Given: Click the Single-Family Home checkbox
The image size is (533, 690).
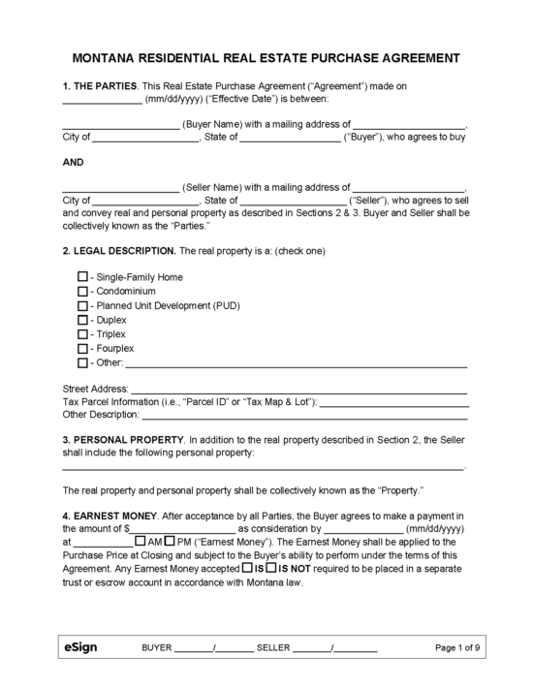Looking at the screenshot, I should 82,276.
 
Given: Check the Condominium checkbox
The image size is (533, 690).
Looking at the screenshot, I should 82,291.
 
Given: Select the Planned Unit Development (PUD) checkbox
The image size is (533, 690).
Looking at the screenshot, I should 82,305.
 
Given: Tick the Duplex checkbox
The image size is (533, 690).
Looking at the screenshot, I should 82,319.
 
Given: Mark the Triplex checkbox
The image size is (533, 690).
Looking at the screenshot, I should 82,333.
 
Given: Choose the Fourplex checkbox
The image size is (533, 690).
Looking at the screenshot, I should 82,348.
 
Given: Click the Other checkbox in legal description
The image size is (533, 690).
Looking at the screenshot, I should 82,362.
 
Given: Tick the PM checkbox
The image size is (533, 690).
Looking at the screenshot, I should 170,541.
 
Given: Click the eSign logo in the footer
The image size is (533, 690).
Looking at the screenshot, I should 80,646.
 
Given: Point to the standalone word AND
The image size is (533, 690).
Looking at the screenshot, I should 74,163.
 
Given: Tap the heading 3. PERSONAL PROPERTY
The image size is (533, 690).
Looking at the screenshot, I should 122,439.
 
